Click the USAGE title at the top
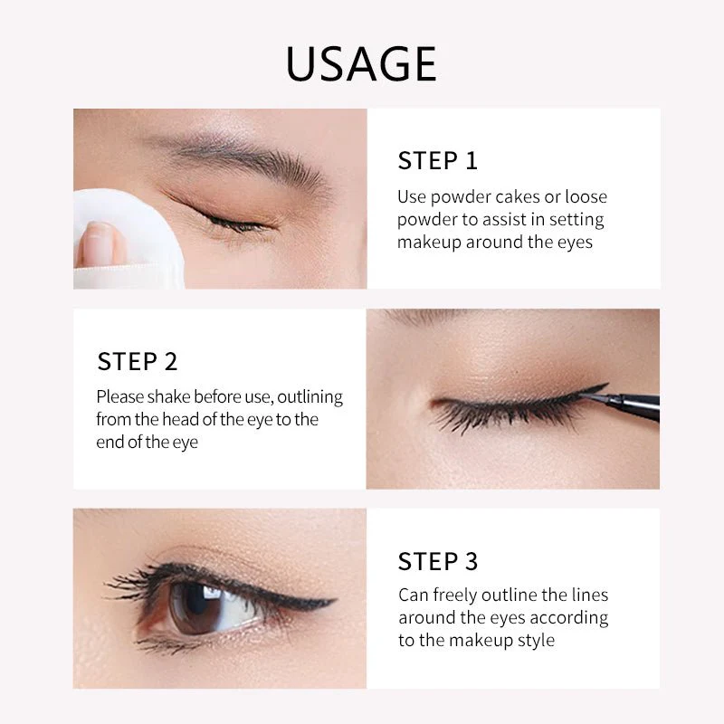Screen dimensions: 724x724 point(361,63)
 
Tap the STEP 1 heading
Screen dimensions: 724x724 point(437,161)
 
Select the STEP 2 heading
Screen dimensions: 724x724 point(137,362)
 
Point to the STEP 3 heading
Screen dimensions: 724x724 point(437,562)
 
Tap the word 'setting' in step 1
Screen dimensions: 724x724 point(574,220)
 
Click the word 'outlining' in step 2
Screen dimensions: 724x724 point(309,397)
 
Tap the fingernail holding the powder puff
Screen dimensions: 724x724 point(97,243)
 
